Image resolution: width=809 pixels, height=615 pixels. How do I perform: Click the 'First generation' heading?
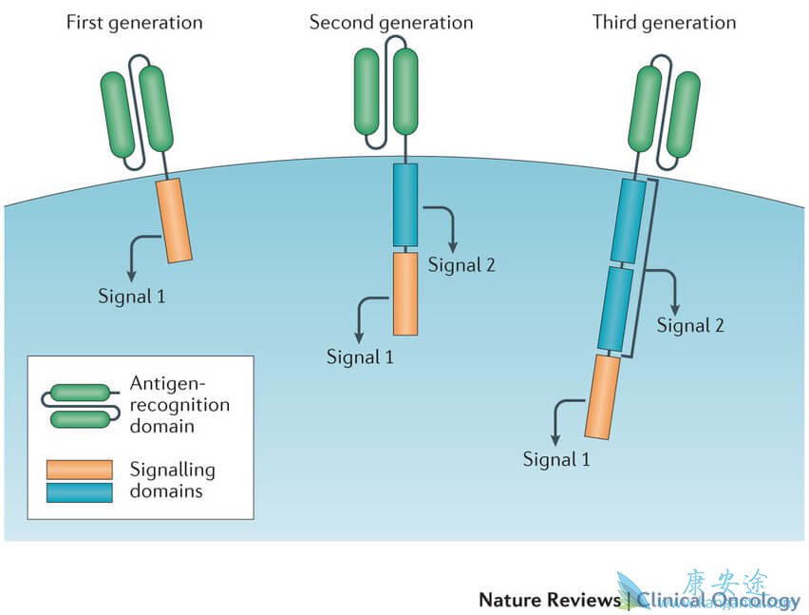pos(134,22)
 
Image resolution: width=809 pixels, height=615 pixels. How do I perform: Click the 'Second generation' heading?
pos(391,22)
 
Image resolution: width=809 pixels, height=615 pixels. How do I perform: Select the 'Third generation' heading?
pos(664,22)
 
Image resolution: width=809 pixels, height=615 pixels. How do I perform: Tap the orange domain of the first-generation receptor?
pos(174,220)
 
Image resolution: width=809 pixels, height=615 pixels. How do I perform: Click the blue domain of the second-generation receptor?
pos(405,204)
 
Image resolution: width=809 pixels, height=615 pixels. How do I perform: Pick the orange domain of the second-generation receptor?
pos(405,293)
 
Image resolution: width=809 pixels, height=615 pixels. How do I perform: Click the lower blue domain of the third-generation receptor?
pos(615,308)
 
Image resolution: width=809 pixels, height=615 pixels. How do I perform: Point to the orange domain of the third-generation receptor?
pos(603,394)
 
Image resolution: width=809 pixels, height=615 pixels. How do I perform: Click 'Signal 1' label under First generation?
pos(132,295)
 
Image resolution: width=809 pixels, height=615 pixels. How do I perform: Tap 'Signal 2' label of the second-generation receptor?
pos(461,264)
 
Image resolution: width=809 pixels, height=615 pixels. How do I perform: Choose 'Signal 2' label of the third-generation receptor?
pos(690,325)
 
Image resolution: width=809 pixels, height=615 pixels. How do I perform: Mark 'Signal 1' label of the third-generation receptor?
pos(556,460)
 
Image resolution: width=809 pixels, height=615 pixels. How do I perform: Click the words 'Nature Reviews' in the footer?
pos(547,600)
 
